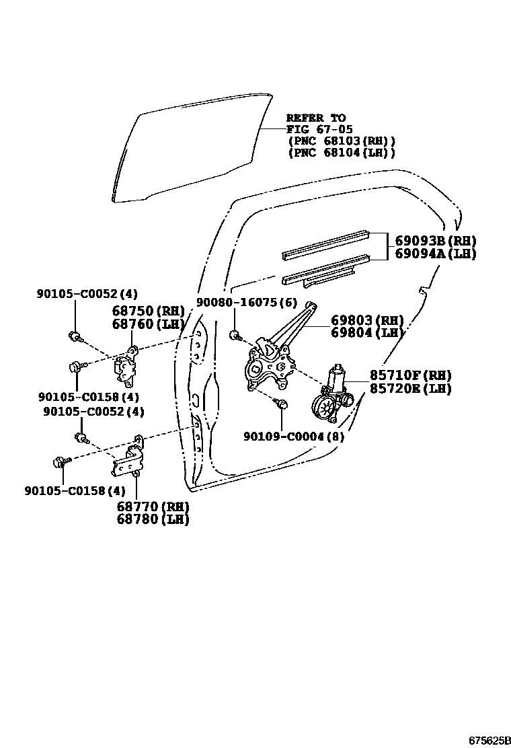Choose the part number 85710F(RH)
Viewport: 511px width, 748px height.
pyautogui.click(x=409, y=375)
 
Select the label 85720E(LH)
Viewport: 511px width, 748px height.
pyautogui.click(x=409, y=388)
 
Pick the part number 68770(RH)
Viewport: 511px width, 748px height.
pyautogui.click(x=153, y=506)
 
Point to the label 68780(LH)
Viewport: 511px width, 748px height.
pyautogui.click(x=153, y=519)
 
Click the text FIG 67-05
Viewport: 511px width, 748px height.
pyautogui.click(x=319, y=129)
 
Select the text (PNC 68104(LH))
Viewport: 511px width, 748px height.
pyautogui.click(x=341, y=153)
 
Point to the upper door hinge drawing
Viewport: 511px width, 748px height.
pyautogui.click(x=127, y=364)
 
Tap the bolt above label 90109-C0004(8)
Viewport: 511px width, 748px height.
pyautogui.click(x=282, y=404)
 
